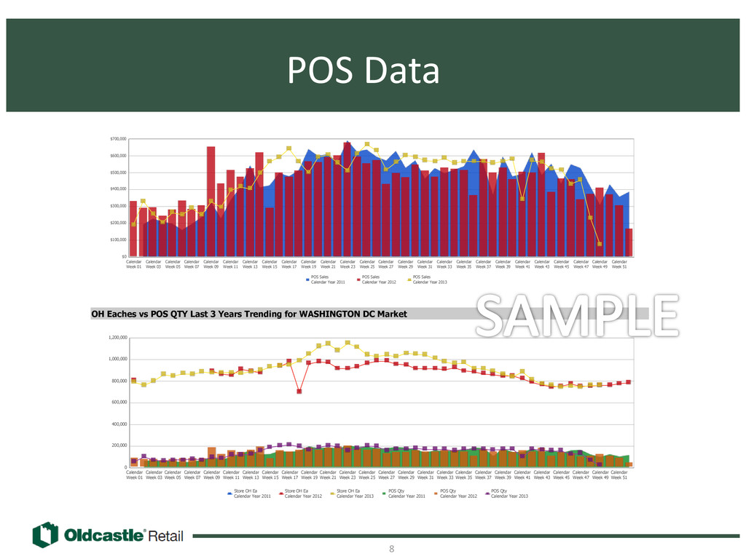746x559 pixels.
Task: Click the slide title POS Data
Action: (364, 71)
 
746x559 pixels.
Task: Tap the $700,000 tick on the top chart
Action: (118, 138)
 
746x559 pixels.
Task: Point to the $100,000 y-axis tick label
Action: (118, 239)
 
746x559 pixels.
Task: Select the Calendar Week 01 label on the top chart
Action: (134, 264)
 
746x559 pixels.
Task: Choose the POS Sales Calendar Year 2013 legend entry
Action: (428, 279)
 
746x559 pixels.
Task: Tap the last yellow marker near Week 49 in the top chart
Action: (600, 244)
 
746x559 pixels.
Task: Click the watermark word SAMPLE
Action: (574, 315)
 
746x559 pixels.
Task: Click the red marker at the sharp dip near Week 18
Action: (299, 391)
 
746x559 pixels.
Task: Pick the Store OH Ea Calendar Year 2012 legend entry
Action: (299, 494)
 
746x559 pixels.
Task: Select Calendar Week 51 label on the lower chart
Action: (619, 475)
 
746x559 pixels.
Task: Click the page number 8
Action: (392, 548)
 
